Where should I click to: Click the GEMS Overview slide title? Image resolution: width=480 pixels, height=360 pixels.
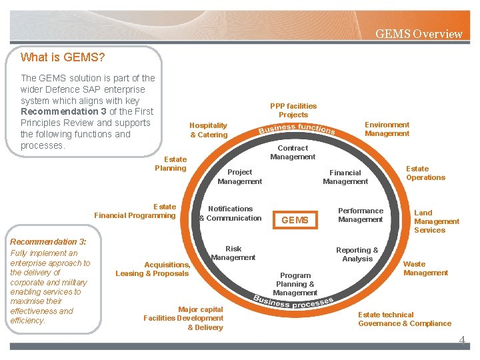418,34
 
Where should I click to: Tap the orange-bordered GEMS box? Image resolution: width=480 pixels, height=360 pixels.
295,220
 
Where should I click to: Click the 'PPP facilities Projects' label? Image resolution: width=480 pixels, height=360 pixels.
293,111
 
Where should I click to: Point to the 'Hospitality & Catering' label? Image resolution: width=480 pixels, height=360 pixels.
209,130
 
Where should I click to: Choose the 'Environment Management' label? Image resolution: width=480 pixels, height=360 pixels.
387,129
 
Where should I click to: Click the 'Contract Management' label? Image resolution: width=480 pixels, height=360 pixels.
293,153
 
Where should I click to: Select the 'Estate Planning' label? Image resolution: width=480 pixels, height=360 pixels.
171,164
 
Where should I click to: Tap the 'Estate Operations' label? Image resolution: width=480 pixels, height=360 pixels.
425,173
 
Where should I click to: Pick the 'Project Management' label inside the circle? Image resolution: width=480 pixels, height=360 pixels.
239,177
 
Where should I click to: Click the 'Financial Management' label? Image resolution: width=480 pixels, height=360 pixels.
345,177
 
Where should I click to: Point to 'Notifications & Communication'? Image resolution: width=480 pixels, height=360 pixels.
231,213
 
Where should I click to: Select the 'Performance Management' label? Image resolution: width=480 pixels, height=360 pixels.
360,215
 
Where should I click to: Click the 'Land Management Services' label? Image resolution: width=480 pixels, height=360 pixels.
436,221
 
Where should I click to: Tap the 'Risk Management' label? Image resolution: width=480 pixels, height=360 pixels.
233,253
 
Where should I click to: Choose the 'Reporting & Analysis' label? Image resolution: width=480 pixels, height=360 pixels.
357,255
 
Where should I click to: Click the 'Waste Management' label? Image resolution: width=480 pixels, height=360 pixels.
425,269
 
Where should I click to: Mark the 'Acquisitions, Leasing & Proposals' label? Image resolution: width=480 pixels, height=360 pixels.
153,269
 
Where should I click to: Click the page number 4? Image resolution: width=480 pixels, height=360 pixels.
461,340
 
